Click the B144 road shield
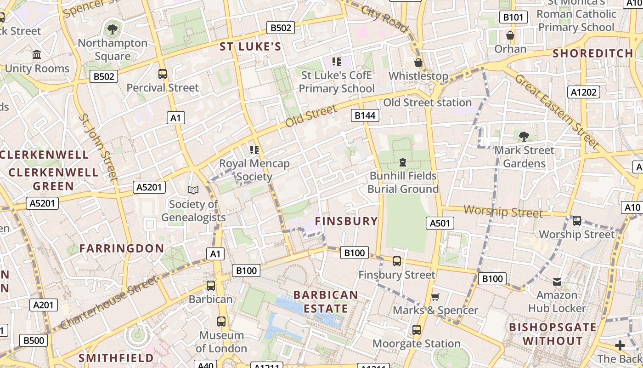(365, 115)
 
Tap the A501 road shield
(440, 223)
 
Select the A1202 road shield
(584, 92)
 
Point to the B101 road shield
(513, 17)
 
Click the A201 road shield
(44, 305)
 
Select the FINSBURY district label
(346, 221)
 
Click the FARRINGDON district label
(121, 248)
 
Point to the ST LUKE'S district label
(250, 46)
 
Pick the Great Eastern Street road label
(557, 112)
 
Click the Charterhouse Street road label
(108, 302)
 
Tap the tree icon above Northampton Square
(112, 30)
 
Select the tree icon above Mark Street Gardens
(524, 136)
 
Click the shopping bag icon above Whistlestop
(418, 63)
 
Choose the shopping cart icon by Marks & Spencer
(435, 297)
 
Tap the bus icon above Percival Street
(162, 74)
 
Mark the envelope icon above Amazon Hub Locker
(557, 282)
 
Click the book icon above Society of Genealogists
(193, 190)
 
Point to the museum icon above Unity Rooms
(37, 55)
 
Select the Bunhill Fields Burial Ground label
(403, 183)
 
